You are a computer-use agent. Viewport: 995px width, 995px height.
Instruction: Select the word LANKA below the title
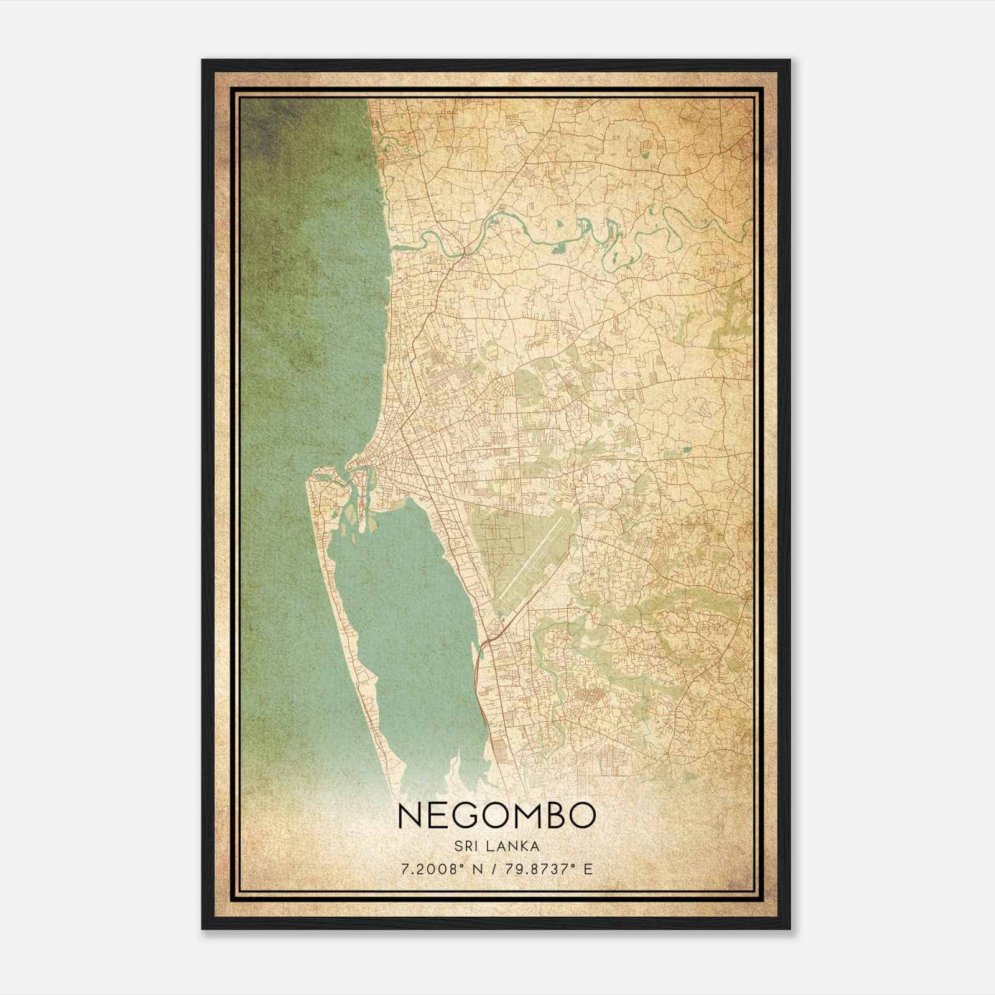coord(515,846)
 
